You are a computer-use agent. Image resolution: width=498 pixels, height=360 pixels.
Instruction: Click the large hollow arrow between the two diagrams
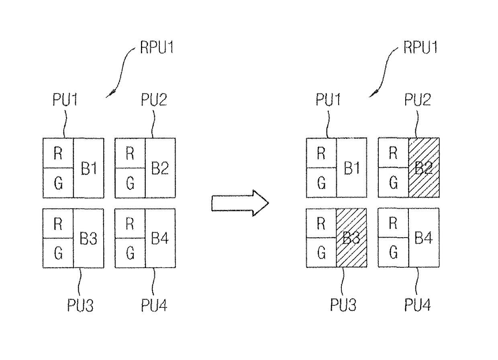point(240,203)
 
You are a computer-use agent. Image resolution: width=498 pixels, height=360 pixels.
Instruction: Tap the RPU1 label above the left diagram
point(157,47)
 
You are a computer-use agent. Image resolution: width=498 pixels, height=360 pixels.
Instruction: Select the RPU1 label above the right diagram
point(420,47)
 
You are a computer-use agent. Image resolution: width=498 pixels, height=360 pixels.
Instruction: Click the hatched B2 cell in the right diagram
point(424,167)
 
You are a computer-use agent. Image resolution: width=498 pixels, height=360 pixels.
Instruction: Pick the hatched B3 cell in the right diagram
point(351,238)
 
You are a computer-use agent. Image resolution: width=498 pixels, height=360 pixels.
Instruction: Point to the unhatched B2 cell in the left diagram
point(160,168)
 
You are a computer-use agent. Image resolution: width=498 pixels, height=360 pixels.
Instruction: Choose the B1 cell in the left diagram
point(89,168)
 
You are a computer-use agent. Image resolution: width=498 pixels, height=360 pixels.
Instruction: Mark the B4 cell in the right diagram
point(424,238)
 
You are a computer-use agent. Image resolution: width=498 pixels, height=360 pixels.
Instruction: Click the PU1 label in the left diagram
point(65,100)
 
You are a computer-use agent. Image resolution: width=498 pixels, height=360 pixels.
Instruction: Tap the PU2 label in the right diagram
point(418,100)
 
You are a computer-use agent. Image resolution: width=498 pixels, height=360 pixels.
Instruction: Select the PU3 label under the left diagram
point(80,305)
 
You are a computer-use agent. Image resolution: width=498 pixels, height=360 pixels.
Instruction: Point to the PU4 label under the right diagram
point(418,305)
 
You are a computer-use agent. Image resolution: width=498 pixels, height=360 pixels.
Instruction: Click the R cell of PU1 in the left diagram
point(58,153)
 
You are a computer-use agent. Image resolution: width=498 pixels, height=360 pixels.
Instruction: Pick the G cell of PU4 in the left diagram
point(130,253)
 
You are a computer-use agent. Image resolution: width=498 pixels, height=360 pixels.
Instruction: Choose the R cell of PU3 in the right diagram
point(321,223)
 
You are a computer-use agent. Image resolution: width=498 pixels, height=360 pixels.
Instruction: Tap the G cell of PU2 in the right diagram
point(394,183)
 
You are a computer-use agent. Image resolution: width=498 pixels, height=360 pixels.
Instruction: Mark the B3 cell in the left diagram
point(89,238)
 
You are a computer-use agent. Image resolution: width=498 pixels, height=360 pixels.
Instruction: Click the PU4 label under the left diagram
point(154,305)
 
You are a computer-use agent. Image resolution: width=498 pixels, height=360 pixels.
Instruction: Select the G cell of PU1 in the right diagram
point(321,183)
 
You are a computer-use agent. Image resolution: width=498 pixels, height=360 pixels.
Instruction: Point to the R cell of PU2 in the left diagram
point(130,153)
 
